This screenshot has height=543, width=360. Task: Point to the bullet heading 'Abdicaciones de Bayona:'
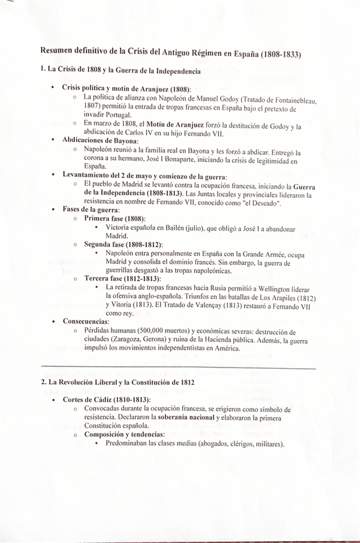click(100, 140)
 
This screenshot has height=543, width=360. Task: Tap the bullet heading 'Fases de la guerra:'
click(91, 209)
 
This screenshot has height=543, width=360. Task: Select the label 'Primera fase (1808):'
click(115, 218)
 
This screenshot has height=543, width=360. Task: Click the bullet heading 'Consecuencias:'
click(86, 321)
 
